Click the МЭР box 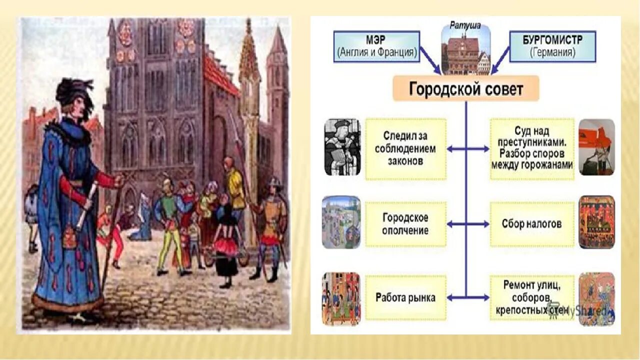click(x=376, y=46)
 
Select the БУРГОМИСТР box click(x=552, y=46)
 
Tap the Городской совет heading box click(x=465, y=89)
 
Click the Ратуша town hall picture click(x=465, y=51)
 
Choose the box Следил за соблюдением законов click(x=405, y=149)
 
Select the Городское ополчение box click(x=405, y=224)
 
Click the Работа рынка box click(x=405, y=297)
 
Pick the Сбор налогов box click(x=531, y=224)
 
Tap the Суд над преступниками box click(x=531, y=149)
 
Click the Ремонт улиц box click(x=531, y=297)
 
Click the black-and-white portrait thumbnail click(x=342, y=147)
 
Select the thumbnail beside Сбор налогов click(x=596, y=222)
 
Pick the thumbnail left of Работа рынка click(x=341, y=298)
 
